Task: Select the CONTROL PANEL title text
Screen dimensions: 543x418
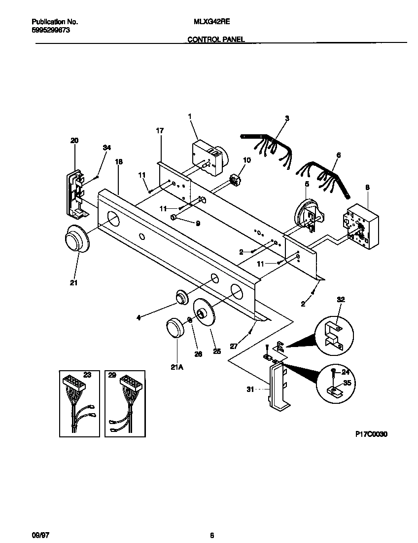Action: (x=216, y=39)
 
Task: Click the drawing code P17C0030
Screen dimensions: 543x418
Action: (x=371, y=434)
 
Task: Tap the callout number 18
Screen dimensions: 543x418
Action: (x=118, y=162)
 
